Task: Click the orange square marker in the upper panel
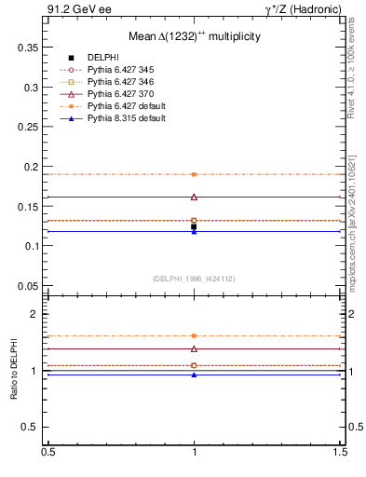point(194,174)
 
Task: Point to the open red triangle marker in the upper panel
point(194,197)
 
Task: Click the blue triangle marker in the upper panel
point(194,231)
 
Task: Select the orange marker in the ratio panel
point(194,335)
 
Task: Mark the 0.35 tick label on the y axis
point(29,47)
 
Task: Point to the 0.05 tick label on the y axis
point(29,285)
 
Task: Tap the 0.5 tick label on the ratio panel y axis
point(32,427)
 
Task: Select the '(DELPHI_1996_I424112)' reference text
point(194,278)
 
